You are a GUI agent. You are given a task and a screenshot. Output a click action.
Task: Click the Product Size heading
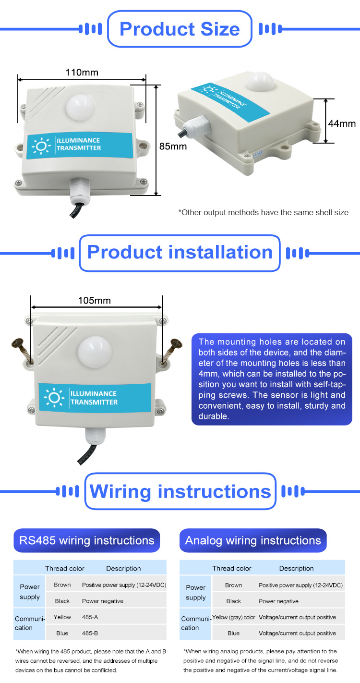tap(180, 29)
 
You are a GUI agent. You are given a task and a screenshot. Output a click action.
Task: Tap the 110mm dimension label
tap(82, 72)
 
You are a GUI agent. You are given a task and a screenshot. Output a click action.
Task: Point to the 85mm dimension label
tap(173, 146)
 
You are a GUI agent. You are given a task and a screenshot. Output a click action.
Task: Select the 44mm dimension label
tap(342, 123)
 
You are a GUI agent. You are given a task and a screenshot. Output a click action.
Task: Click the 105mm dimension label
tap(94, 300)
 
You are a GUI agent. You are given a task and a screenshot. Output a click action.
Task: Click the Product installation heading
tap(180, 253)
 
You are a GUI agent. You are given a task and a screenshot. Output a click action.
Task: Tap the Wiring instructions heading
tap(180, 491)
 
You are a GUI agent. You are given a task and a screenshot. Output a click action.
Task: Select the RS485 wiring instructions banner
tap(86, 540)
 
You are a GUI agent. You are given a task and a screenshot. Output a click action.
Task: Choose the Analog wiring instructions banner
tap(252, 540)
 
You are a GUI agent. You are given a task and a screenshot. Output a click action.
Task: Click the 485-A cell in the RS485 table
tap(90, 617)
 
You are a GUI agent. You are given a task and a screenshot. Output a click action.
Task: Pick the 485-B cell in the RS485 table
tap(90, 634)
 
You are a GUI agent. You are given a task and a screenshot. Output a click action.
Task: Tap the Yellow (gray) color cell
tap(233, 617)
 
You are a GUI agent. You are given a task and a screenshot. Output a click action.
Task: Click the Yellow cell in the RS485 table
tap(62, 617)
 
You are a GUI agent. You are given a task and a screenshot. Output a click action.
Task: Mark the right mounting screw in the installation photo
tap(172, 351)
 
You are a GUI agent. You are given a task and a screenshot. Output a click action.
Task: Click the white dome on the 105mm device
tap(95, 353)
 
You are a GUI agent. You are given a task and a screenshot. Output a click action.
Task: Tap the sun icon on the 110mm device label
tap(41, 146)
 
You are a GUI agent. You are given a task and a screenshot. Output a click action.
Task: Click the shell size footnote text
tap(264, 212)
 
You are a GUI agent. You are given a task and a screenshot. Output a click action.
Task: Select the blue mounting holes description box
tap(272, 379)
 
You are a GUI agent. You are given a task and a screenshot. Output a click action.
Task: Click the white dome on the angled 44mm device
tap(260, 81)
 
